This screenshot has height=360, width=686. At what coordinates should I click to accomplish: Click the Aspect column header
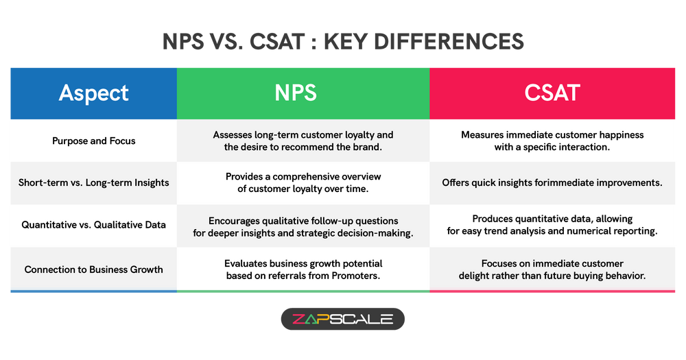93,93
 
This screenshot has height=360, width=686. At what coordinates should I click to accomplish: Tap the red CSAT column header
552,93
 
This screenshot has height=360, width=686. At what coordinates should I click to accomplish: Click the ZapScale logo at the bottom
343,319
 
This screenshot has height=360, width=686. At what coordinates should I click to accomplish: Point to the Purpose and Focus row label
94,141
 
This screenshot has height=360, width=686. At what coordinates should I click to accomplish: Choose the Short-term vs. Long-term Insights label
93,183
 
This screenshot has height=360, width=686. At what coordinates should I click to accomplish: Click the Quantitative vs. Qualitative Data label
93,225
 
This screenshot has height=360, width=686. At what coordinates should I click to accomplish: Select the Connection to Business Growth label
94,269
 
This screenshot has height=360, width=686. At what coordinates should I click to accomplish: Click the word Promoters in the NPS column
354,276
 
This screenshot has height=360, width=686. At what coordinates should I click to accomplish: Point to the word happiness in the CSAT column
615,135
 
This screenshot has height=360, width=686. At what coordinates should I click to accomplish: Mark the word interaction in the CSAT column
582,147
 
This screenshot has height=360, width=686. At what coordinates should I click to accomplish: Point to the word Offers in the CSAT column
457,183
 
